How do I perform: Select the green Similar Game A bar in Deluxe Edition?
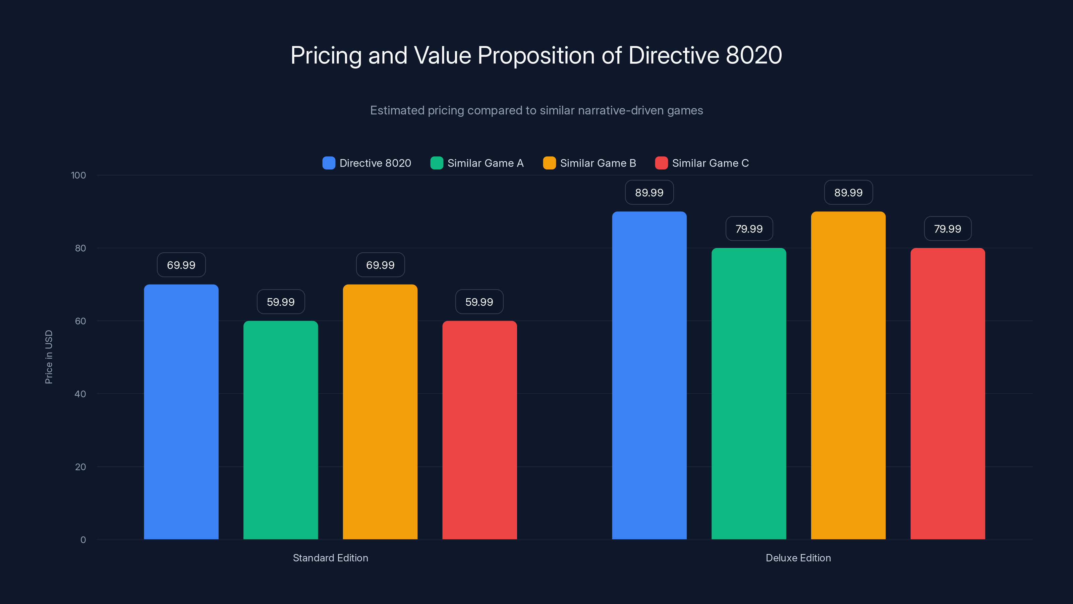748,394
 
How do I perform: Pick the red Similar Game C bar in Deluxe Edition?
948,394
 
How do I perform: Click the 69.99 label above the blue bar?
181,265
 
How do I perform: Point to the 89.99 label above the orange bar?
848,193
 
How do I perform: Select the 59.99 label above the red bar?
479,302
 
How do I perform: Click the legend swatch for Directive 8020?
329,163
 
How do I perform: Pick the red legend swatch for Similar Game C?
661,163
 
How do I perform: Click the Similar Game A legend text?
485,163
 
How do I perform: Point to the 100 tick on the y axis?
78,175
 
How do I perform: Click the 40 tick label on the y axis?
80,394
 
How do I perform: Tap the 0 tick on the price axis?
83,540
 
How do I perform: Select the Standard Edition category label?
330,558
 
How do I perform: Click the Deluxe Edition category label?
798,558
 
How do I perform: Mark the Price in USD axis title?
49,357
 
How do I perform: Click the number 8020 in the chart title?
753,55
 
